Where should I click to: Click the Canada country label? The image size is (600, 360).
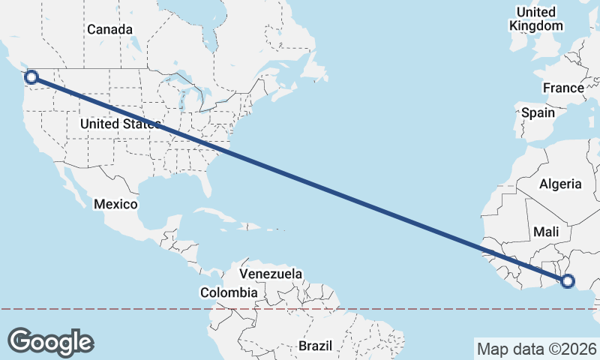pos(109,30)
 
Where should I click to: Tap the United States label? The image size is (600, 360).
pos(120,124)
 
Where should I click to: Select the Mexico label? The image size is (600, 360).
pos(115,204)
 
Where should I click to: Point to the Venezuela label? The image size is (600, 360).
pos(271,274)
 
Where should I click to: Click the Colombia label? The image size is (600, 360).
pos(229,292)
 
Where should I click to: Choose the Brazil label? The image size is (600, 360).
pos(315,346)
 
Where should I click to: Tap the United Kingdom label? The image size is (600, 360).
pos(535,19)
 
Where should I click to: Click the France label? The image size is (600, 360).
pos(563,88)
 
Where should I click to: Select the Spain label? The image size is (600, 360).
pos(538,113)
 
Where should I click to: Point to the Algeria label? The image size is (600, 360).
pos(560,184)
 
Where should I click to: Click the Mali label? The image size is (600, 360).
pos(547,232)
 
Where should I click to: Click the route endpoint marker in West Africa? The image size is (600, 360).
pos(568,281)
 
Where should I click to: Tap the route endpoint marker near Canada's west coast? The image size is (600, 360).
pos(31,76)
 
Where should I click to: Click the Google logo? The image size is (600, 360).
pos(50,341)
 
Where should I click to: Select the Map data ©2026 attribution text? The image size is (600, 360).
pos(535,349)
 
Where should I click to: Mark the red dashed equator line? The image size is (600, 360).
pos(150,308)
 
